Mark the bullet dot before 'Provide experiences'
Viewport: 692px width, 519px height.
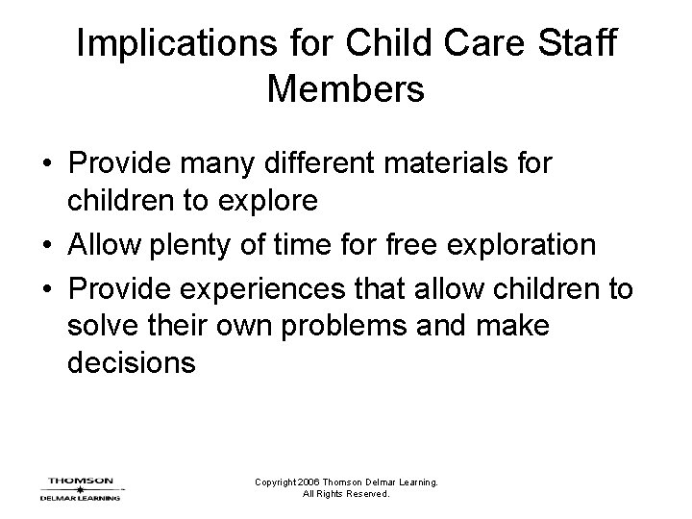pos(46,286)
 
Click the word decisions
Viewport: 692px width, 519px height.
pos(132,366)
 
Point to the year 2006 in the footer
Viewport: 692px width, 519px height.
pos(309,482)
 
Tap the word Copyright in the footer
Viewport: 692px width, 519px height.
pos(275,482)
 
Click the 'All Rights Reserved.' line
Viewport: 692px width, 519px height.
pos(346,494)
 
